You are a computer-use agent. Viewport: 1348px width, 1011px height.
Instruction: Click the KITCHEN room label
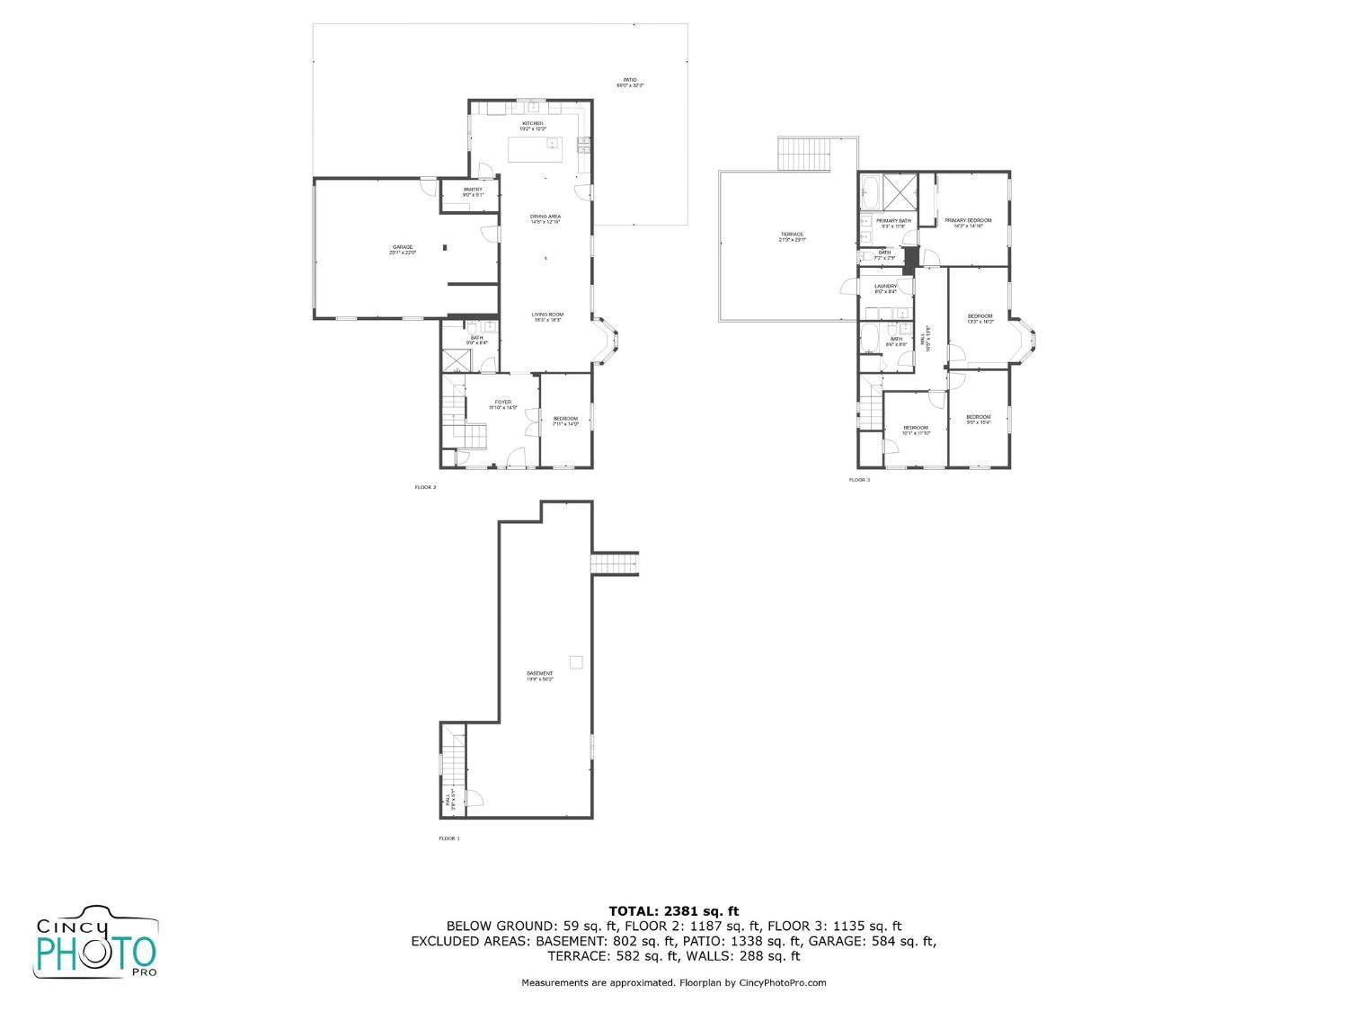click(533, 123)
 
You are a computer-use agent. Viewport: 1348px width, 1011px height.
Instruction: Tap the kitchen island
click(534, 149)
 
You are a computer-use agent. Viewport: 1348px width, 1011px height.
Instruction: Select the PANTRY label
click(473, 190)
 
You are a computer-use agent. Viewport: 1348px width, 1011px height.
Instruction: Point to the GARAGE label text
click(402, 247)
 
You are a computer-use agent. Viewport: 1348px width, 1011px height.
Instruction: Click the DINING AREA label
click(545, 217)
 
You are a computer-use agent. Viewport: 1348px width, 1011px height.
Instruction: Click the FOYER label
click(502, 403)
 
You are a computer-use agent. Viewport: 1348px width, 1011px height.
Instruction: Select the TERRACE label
click(792, 235)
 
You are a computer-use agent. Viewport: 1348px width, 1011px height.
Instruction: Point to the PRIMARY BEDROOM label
click(968, 221)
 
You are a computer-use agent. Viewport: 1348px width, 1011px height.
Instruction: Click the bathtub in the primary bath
click(870, 190)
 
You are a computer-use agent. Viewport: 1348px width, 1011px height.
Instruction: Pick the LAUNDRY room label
click(885, 287)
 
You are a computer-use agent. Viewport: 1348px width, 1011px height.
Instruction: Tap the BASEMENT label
click(540, 674)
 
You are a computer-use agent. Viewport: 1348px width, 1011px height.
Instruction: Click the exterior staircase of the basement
click(614, 563)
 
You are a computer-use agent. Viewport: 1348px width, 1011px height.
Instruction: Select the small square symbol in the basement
click(576, 662)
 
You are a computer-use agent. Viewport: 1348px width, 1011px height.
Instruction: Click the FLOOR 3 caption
click(859, 480)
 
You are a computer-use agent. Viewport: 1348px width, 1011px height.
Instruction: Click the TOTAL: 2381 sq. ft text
click(673, 911)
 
